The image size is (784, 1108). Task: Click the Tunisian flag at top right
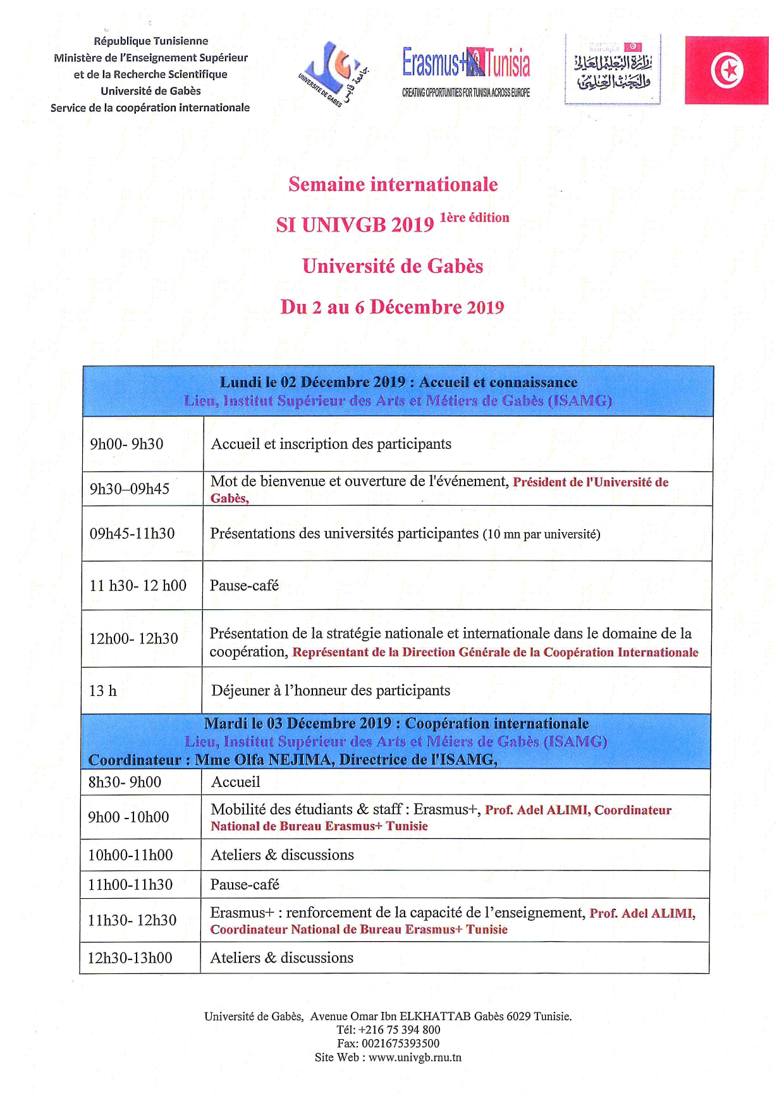pyautogui.click(x=726, y=70)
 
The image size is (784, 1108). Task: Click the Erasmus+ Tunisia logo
pyautogui.click(x=466, y=71)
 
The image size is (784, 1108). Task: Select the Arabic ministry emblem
pyautogui.click(x=612, y=70)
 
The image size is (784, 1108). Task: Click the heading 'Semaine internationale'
pyautogui.click(x=393, y=185)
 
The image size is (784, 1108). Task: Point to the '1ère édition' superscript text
pyautogui.click(x=474, y=218)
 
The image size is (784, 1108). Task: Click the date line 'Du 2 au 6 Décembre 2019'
pyautogui.click(x=392, y=307)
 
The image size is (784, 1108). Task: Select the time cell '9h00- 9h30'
pyautogui.click(x=126, y=444)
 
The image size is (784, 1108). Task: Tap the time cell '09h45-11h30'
pyautogui.click(x=132, y=533)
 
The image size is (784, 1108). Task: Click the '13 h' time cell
pyautogui.click(x=103, y=691)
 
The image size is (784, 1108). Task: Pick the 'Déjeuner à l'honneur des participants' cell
pyautogui.click(x=331, y=691)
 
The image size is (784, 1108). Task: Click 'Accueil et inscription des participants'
pyautogui.click(x=331, y=444)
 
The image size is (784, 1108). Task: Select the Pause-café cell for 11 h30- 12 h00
pyautogui.click(x=244, y=586)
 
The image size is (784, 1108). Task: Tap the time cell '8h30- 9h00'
pyautogui.click(x=125, y=782)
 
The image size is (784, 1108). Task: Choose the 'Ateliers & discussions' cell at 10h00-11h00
pyautogui.click(x=282, y=855)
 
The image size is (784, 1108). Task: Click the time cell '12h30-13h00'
pyautogui.click(x=130, y=958)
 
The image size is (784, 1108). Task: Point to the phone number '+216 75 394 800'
pyautogui.click(x=399, y=1030)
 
